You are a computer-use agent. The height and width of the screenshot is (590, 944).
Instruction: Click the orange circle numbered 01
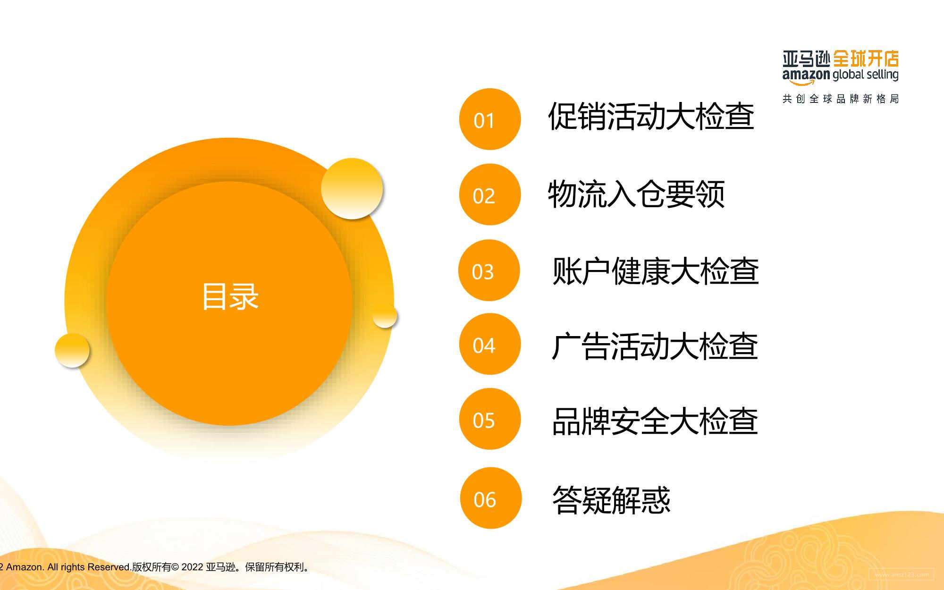[x=489, y=119]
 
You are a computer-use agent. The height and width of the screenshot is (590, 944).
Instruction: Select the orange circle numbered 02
[x=489, y=194]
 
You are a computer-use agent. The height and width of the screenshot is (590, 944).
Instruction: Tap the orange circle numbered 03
[x=489, y=270]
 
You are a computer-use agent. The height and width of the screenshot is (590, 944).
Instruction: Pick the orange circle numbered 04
[x=489, y=344]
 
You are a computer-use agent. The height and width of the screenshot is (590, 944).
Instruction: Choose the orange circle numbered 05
[x=489, y=419]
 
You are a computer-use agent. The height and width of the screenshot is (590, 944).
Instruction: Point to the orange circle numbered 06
[x=490, y=498]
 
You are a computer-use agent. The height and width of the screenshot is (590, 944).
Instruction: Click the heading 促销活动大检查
[x=651, y=116]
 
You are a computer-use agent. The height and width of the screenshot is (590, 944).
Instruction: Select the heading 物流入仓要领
[x=636, y=194]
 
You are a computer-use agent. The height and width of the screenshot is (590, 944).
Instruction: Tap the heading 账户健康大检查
[x=655, y=271]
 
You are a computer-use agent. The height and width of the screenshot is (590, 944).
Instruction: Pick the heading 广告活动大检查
[x=655, y=346]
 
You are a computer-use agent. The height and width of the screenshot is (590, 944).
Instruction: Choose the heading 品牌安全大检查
[x=655, y=421]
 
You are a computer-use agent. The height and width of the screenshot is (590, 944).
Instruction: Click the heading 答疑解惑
[x=611, y=500]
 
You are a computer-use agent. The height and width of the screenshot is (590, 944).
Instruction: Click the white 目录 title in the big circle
[x=230, y=297]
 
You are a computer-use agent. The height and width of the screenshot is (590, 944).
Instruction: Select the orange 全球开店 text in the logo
[x=866, y=59]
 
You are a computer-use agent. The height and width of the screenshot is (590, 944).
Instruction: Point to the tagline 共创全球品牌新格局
[x=841, y=99]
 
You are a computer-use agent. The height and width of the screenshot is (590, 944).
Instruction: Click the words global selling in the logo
[x=866, y=75]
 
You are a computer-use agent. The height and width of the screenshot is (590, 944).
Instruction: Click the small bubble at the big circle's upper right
[x=352, y=188]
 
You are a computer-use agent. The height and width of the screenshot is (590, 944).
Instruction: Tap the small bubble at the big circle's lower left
[x=72, y=350]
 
